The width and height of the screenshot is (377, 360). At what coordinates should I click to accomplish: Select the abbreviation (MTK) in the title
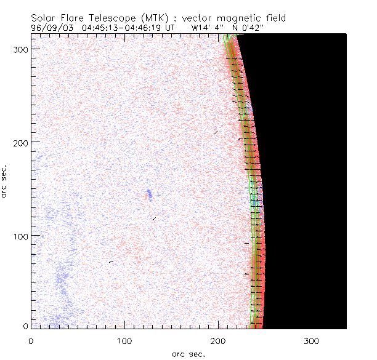(x=164, y=18)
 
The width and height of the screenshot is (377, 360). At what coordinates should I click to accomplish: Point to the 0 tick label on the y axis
(x=25, y=326)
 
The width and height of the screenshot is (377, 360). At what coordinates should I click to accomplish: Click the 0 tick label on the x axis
(x=31, y=340)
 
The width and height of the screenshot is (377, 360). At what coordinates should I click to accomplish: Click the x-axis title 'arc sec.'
(x=188, y=354)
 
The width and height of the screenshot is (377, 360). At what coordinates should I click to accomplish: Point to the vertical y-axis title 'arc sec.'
(x=5, y=181)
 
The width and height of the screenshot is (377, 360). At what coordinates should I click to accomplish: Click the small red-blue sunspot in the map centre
(x=148, y=195)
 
